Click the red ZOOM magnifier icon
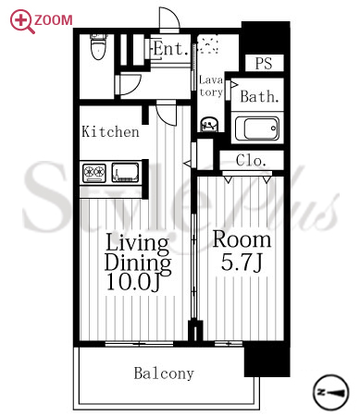(x=21, y=21)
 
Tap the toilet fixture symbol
(x=99, y=46)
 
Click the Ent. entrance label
(x=170, y=49)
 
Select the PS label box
(x=265, y=63)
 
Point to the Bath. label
(x=259, y=96)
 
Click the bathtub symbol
(x=257, y=128)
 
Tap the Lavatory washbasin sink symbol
(x=209, y=124)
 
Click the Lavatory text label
(x=211, y=86)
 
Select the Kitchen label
(x=110, y=132)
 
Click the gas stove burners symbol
(x=94, y=172)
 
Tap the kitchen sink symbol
(x=125, y=172)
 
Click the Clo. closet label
(x=251, y=160)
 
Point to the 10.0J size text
(x=133, y=282)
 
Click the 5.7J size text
(x=242, y=263)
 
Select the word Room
(x=242, y=239)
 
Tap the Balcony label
(x=164, y=373)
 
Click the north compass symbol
(x=331, y=392)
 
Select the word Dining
(x=138, y=264)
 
